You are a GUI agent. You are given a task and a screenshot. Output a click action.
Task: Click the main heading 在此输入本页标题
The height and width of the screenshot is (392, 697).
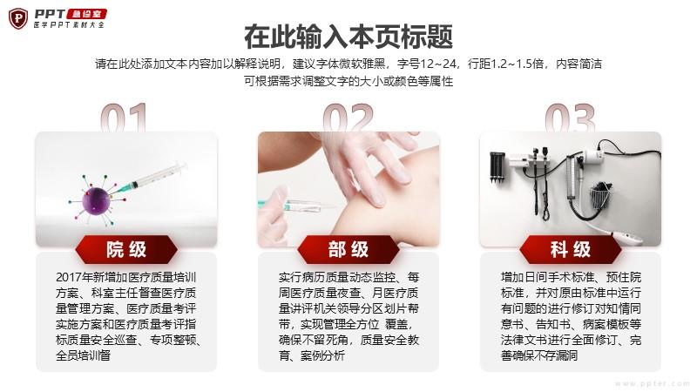point(348,37)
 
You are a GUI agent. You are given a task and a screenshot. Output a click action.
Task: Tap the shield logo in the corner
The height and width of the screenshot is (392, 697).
point(18,18)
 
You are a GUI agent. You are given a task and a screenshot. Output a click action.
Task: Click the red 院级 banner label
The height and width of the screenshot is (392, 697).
point(126,249)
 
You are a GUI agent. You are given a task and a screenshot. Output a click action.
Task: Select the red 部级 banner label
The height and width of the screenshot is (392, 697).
point(348,249)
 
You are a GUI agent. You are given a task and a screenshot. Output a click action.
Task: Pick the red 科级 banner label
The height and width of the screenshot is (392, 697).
point(571,249)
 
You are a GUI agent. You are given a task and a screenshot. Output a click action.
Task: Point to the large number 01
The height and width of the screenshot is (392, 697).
point(124,118)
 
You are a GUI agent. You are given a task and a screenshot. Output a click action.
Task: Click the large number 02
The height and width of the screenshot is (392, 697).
point(348,118)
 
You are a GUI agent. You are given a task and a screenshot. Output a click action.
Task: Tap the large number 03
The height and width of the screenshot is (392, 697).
point(571,118)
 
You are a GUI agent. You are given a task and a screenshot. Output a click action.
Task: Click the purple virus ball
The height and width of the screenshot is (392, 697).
point(96,201)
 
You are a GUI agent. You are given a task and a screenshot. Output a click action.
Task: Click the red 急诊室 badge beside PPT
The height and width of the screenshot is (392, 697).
point(86,14)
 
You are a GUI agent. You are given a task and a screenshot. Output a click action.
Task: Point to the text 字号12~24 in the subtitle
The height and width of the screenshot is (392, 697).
point(427,64)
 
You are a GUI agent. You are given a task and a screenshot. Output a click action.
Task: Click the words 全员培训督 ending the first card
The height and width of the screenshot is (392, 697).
point(83,355)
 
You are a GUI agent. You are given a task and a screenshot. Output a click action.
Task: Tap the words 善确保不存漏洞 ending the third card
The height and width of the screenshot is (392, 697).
point(539,355)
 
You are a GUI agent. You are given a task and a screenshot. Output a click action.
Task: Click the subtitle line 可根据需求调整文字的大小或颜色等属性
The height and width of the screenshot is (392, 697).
point(348,81)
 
